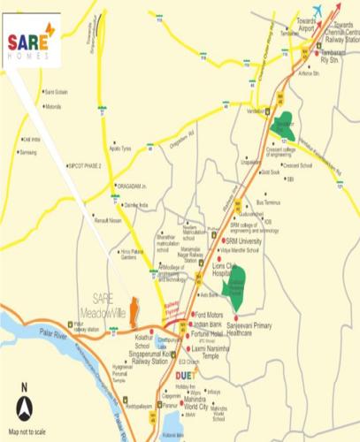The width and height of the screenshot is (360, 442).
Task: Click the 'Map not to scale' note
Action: pos(27,431)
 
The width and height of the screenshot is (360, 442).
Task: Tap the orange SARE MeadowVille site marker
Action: pos(134,311)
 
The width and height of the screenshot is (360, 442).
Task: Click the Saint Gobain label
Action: pos(56,91)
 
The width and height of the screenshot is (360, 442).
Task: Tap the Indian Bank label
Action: pos(208,324)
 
